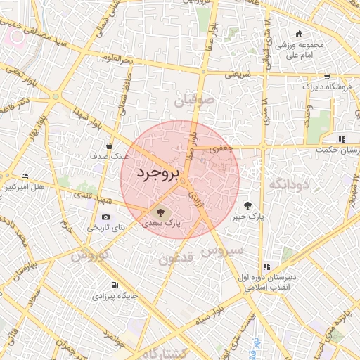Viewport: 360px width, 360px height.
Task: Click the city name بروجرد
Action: [158, 172]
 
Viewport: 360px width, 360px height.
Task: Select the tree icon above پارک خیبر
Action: [247, 205]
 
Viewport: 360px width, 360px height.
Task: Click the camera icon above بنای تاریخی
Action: [106, 217]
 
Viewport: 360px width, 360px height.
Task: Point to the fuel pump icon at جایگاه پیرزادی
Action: [115, 285]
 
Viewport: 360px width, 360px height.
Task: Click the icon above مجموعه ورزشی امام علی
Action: [300, 34]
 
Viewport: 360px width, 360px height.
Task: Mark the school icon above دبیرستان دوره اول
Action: [266, 266]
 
